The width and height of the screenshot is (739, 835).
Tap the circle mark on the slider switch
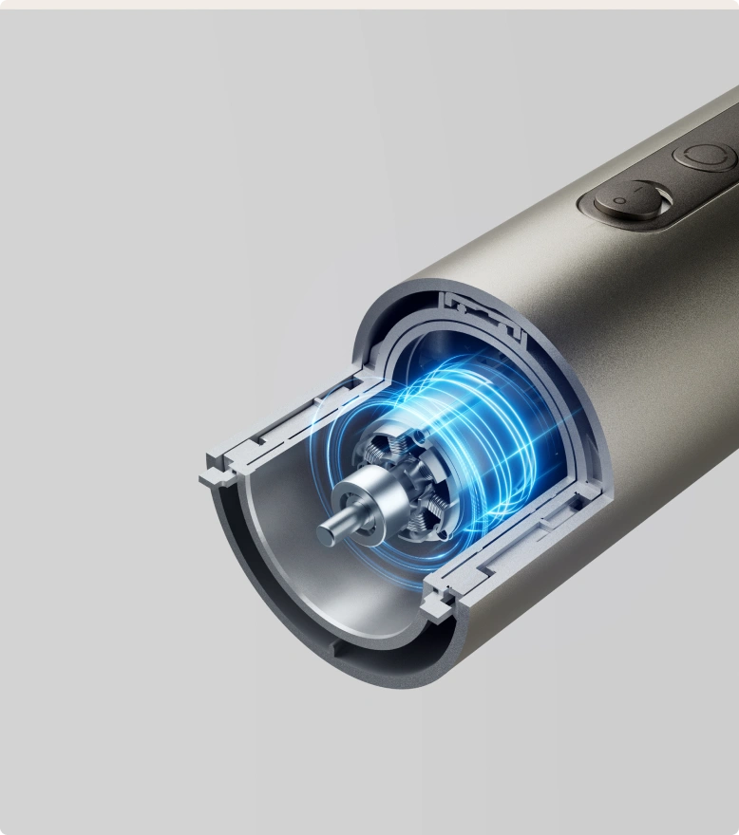tap(617, 201)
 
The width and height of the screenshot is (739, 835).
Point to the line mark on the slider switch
tap(654, 195)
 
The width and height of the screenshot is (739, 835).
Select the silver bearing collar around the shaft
tap(354, 497)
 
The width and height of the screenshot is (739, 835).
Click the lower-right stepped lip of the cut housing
tap(439, 600)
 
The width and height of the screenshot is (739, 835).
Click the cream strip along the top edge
tap(369, 4)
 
